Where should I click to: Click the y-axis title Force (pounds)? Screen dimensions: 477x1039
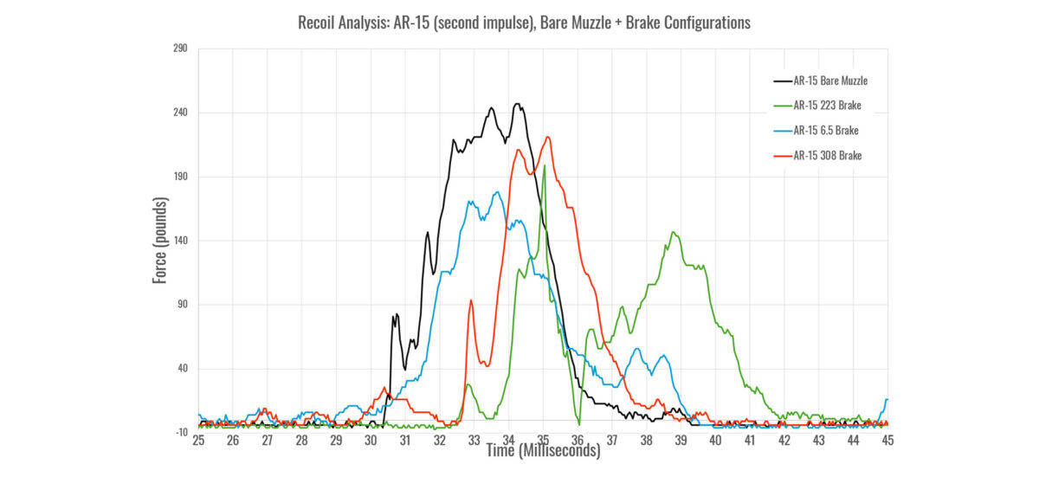click(x=161, y=240)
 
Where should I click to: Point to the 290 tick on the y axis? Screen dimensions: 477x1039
click(x=180, y=48)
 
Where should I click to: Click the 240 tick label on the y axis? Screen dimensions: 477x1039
click(x=180, y=113)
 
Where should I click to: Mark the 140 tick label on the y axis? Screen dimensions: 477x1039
click(x=180, y=241)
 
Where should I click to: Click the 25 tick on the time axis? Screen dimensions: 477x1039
click(x=198, y=441)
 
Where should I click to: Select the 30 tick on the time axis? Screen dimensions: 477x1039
click(x=371, y=441)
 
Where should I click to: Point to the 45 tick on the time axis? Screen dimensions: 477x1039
click(x=887, y=441)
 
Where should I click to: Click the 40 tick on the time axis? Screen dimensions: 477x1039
click(x=715, y=441)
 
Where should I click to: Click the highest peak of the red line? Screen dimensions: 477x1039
click(x=547, y=137)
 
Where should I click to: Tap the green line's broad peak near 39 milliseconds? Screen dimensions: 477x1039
click(x=673, y=232)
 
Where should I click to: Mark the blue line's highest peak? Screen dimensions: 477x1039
click(x=498, y=192)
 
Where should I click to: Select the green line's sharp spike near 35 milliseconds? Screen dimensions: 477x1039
click(x=544, y=167)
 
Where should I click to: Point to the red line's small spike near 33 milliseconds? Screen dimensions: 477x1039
click(x=470, y=300)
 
